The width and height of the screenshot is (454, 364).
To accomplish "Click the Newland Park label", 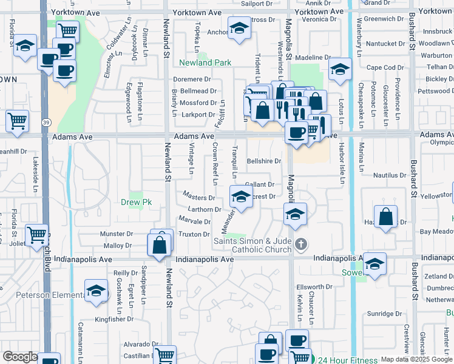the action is click(205, 62).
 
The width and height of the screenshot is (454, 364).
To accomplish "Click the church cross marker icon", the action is click(300, 245).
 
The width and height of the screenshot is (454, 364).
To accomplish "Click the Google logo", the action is click(20, 357).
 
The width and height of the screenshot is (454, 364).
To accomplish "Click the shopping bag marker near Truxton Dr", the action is click(159, 245).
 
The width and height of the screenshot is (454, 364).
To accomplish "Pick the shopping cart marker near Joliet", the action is click(37, 234).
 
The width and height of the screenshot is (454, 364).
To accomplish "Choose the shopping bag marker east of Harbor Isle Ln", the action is click(386, 217).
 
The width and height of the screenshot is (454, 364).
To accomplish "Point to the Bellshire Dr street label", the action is click(264, 161).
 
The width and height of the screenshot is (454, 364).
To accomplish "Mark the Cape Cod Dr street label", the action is click(381, 67).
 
